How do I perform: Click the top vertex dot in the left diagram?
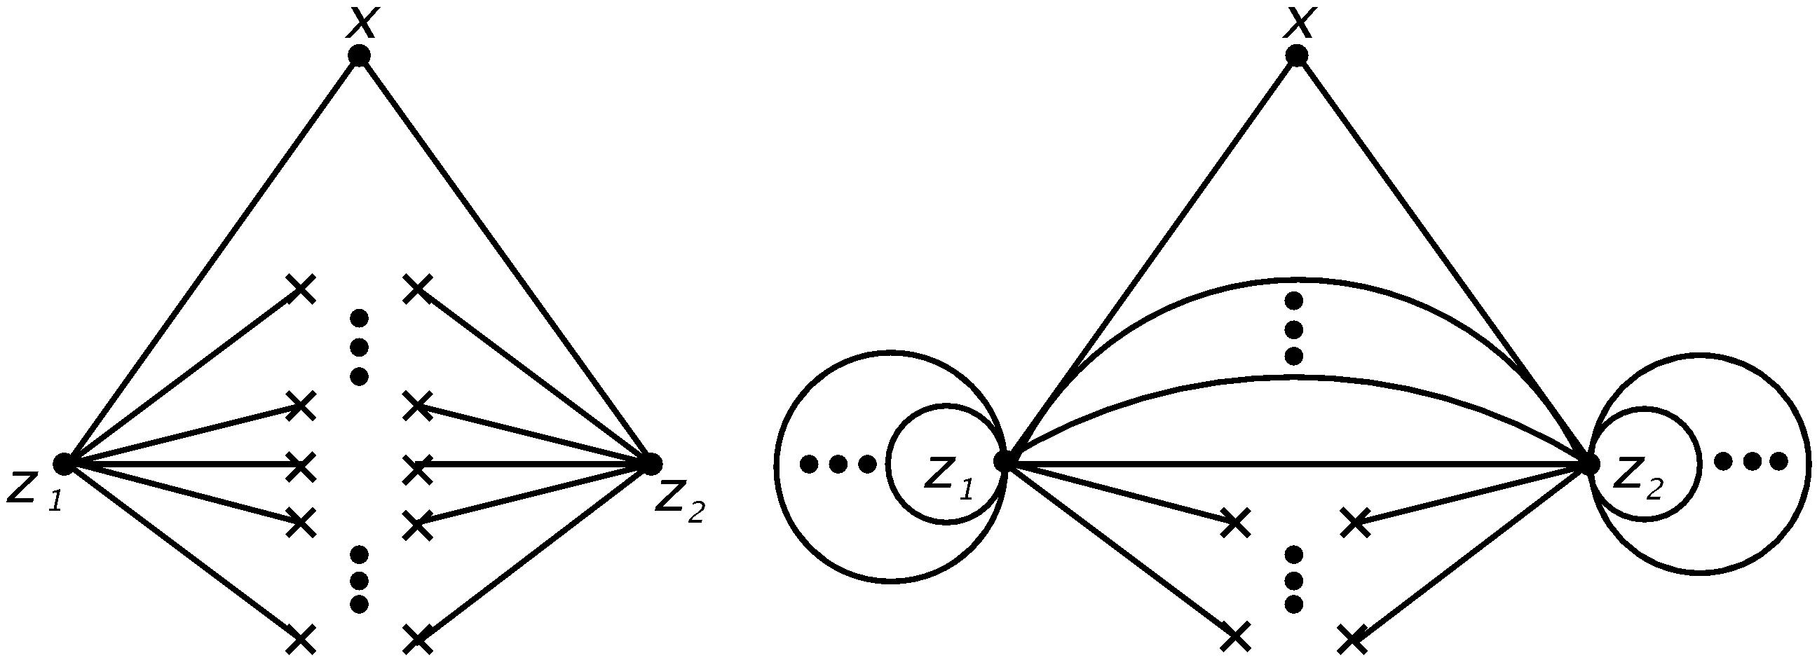(x=359, y=55)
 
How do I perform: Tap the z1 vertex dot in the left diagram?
(x=64, y=463)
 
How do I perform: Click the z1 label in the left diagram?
(x=34, y=487)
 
